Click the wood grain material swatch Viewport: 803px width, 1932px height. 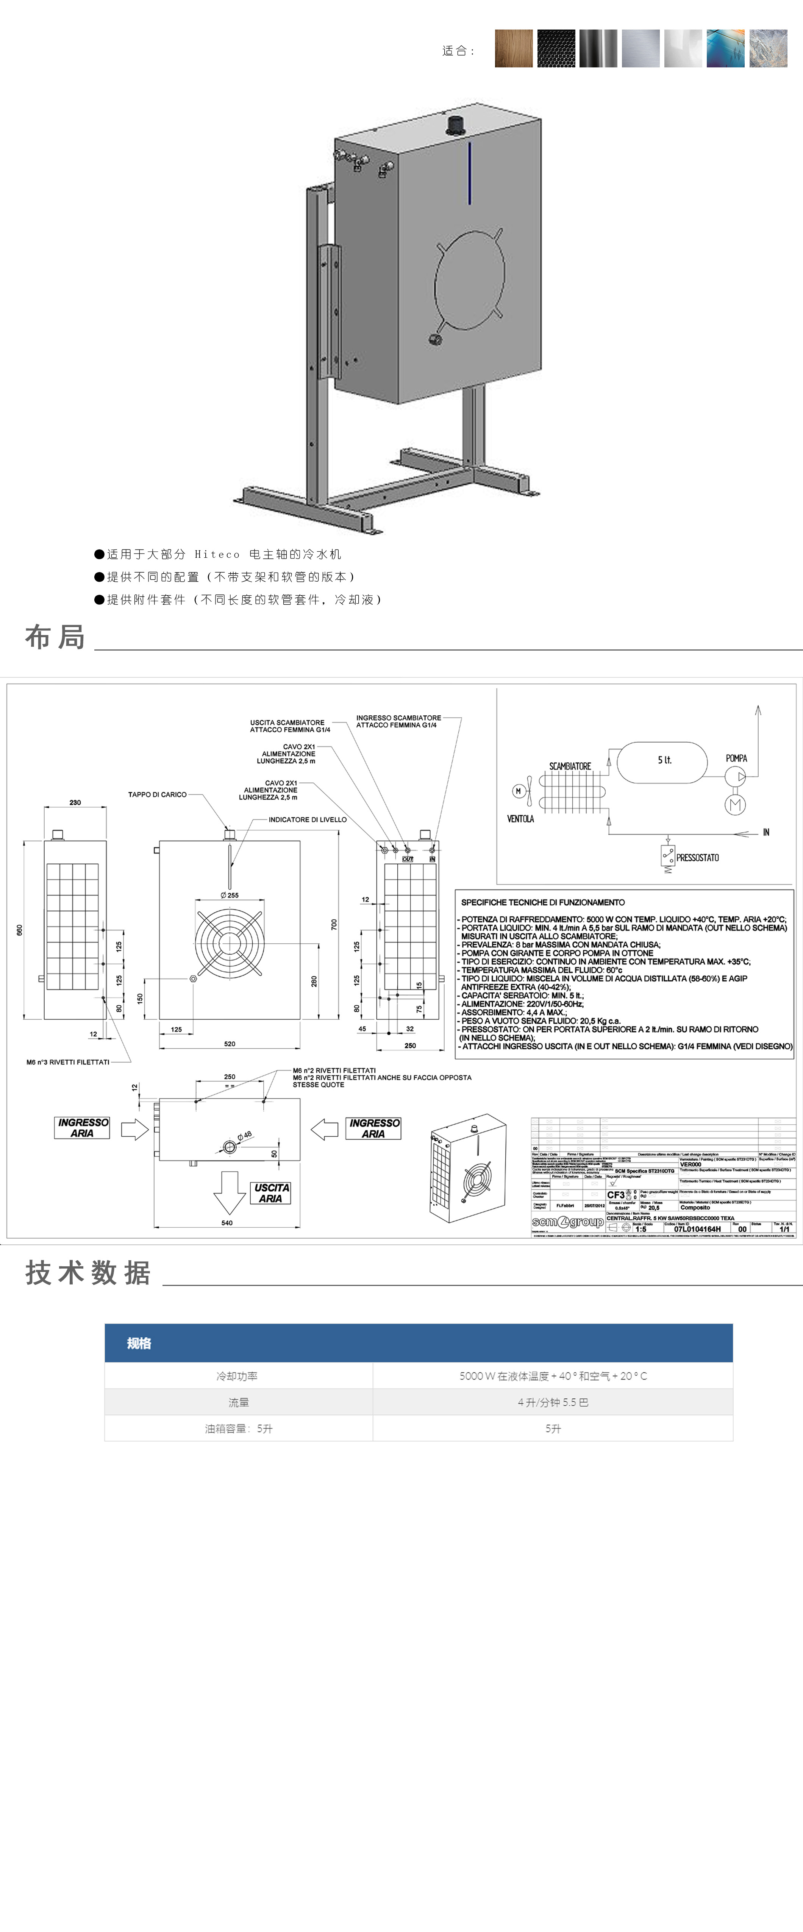point(513,49)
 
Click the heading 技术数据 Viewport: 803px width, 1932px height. point(88,1273)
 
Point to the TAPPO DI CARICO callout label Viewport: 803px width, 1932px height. point(157,794)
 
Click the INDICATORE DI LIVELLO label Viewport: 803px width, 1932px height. point(308,820)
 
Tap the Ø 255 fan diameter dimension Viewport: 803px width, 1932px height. point(230,895)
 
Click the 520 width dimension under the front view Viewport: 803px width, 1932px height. point(230,1043)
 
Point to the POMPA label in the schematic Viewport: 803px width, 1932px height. point(736,758)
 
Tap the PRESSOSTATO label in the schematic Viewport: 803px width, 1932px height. point(697,857)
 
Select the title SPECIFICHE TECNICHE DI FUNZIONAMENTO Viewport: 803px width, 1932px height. point(542,902)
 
